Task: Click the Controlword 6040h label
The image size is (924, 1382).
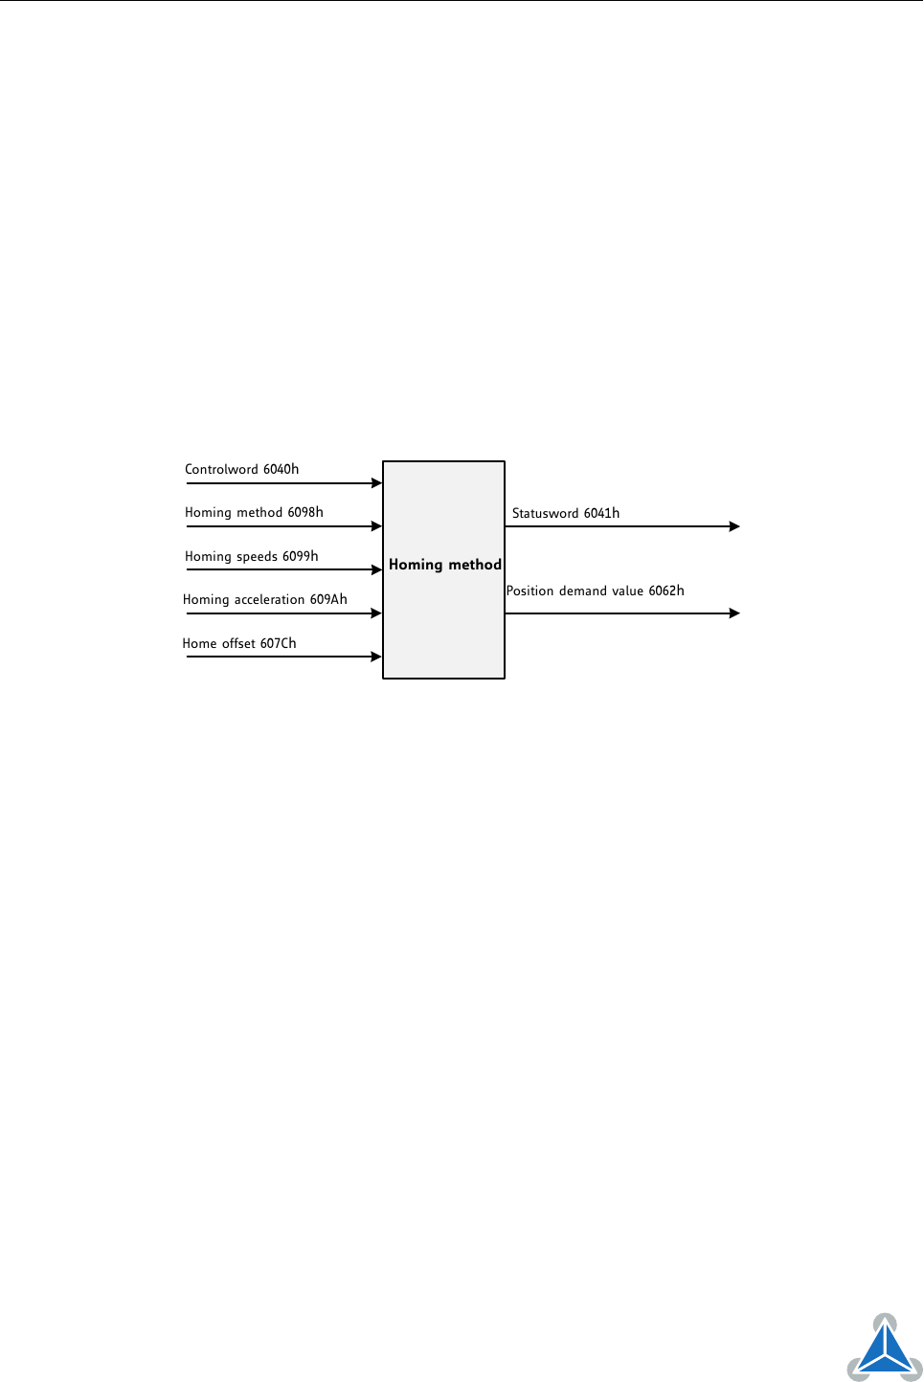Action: [x=242, y=469]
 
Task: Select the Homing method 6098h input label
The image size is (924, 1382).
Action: [x=254, y=513]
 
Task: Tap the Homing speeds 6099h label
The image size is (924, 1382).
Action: [x=251, y=556]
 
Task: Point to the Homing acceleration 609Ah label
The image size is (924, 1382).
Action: [x=265, y=600]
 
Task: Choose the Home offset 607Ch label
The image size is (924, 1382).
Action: [x=238, y=643]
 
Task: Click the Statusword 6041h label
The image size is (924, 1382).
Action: [x=565, y=513]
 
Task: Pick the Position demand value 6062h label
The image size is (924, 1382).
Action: [x=595, y=591]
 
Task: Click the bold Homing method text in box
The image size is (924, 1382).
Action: [x=445, y=565]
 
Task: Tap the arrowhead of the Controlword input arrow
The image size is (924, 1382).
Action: [x=376, y=483]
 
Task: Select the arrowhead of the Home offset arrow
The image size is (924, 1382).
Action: [x=376, y=657]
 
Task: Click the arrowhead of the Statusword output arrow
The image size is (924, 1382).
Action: [x=734, y=526]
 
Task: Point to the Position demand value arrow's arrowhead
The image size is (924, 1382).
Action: [x=734, y=613]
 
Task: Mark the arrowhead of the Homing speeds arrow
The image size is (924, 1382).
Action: [x=376, y=569]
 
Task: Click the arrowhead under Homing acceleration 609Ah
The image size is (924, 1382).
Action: [x=376, y=613]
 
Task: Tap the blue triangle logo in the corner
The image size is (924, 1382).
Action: [x=885, y=1349]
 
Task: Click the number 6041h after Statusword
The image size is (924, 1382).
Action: [x=601, y=513]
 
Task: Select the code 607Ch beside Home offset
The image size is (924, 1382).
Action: [x=278, y=643]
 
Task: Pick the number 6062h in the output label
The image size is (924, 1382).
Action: [x=666, y=591]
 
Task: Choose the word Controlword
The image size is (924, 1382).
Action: [x=221, y=469]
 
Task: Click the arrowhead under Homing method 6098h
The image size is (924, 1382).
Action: [x=376, y=526]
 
